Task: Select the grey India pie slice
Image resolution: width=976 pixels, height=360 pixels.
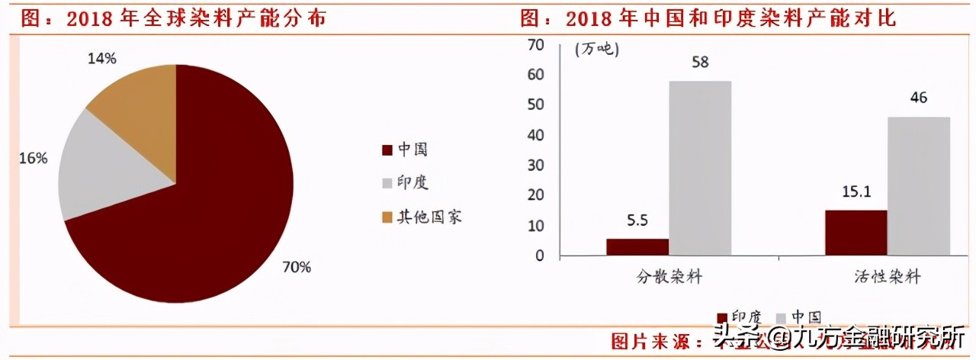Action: pos(107,172)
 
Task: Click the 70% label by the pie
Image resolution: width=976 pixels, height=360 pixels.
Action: pos(297,267)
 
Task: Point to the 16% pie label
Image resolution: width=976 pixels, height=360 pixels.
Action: pos(34,159)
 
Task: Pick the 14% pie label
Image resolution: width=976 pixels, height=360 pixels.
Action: pos(101,58)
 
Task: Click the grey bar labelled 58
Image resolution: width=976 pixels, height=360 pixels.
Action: pos(700,168)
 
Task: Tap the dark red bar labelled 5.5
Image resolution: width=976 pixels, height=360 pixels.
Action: pos(637,247)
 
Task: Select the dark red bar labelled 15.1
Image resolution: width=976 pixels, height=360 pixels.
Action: pos(856,233)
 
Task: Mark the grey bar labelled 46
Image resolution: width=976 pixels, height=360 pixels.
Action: pos(919,186)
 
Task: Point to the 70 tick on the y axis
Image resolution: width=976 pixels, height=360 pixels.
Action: pos(536,45)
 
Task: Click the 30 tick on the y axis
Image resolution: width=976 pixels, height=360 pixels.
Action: pos(536,165)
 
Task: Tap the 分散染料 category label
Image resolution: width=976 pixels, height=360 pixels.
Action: pos(669,277)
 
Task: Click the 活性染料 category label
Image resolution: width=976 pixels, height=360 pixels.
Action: pos(888,277)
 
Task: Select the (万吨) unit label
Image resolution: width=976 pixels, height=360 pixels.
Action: pos(596,50)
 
